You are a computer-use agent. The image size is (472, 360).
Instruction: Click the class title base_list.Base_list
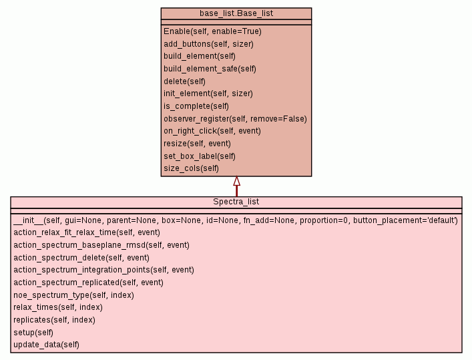tap(236, 13)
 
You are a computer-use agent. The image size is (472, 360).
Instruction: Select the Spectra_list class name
tap(236, 202)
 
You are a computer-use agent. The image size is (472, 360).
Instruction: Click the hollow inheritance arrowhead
tap(236, 181)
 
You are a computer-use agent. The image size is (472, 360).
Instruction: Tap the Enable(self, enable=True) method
tap(212, 31)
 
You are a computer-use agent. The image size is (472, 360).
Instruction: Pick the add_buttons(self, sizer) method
tap(208, 44)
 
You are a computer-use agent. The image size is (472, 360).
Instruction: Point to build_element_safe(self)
tap(210, 69)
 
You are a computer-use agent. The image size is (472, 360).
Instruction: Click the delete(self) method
tap(184, 81)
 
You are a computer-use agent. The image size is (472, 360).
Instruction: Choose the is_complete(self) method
tap(196, 106)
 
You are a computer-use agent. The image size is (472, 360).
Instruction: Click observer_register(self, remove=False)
tap(235, 119)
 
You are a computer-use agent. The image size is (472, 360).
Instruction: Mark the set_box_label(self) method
tap(200, 156)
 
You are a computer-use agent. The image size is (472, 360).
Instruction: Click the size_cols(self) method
tap(191, 168)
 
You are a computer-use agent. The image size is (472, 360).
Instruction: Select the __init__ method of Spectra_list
tap(236, 220)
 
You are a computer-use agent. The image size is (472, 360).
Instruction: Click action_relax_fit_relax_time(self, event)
tap(87, 232)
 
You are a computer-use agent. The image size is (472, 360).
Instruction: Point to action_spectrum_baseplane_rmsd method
tap(101, 245)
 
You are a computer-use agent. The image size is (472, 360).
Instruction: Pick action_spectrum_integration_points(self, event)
tap(103, 270)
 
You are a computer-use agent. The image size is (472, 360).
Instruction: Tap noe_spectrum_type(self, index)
tap(73, 295)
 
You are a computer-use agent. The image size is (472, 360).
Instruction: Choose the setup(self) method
tap(33, 332)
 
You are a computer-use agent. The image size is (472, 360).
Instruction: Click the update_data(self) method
tap(46, 345)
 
